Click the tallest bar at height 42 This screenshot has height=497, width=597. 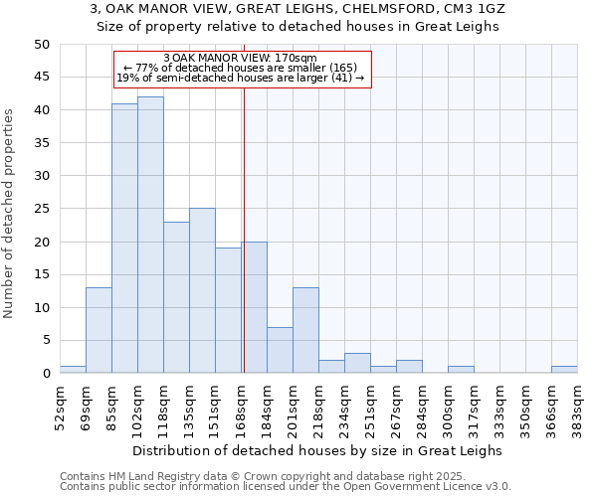tap(150, 235)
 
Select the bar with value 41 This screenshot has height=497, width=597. tap(124, 239)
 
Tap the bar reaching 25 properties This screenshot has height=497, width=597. tap(202, 290)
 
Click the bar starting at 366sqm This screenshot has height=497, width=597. tap(564, 370)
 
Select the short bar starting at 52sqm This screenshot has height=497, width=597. tap(73, 370)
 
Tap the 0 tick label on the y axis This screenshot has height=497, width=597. tap(45, 374)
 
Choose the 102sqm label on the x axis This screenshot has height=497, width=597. tap(137, 406)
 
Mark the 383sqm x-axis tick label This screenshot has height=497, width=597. tap(577, 406)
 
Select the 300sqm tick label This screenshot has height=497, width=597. tap(448, 406)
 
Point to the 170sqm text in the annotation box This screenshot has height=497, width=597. tap(295, 59)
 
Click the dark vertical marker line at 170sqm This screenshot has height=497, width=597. tap(244, 229)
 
